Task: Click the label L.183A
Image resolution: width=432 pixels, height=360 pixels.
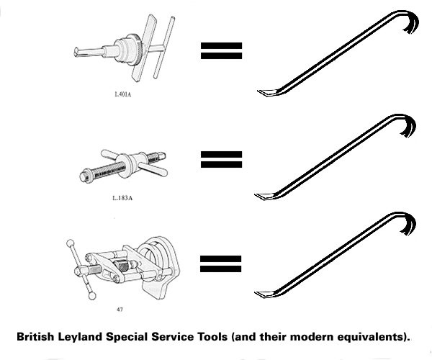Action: (x=122, y=197)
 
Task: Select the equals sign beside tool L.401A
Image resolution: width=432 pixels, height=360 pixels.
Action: (x=221, y=50)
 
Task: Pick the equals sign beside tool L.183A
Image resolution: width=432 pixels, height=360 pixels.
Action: (x=221, y=158)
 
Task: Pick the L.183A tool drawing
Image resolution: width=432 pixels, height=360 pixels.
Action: (x=122, y=166)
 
